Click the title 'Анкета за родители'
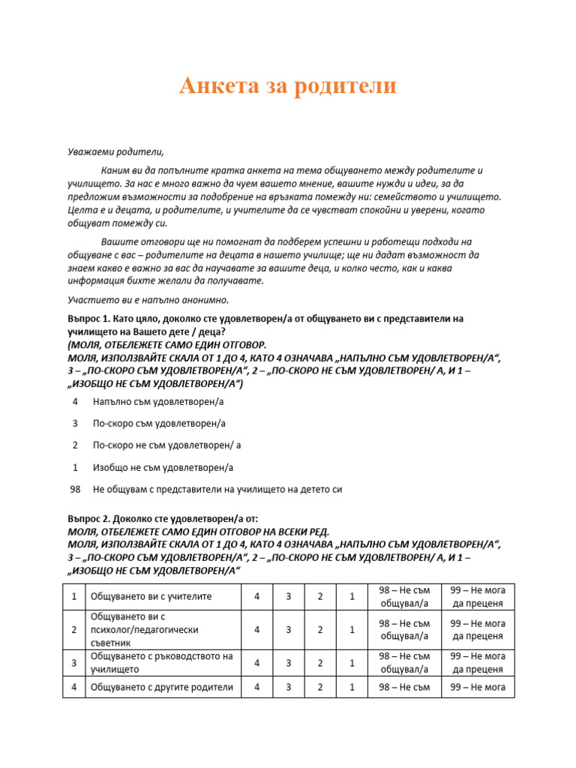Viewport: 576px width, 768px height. pyautogui.click(x=287, y=86)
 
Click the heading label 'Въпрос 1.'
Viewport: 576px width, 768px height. pyautogui.click(x=88, y=319)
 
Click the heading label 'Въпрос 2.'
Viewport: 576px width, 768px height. pyautogui.click(x=88, y=518)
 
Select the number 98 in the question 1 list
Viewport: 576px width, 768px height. pyautogui.click(x=75, y=489)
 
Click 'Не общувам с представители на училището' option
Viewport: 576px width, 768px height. pyautogui.click(x=217, y=489)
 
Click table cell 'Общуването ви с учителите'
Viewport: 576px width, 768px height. pyautogui.click(x=151, y=597)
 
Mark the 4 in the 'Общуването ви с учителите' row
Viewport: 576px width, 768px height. pyautogui.click(x=257, y=597)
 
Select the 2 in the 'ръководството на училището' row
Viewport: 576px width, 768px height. pyautogui.click(x=320, y=663)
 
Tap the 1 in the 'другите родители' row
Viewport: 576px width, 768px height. pyautogui.click(x=352, y=687)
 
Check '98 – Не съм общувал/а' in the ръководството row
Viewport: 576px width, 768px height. pyautogui.click(x=403, y=663)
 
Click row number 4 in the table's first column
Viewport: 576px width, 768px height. pyautogui.click(x=74, y=687)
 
